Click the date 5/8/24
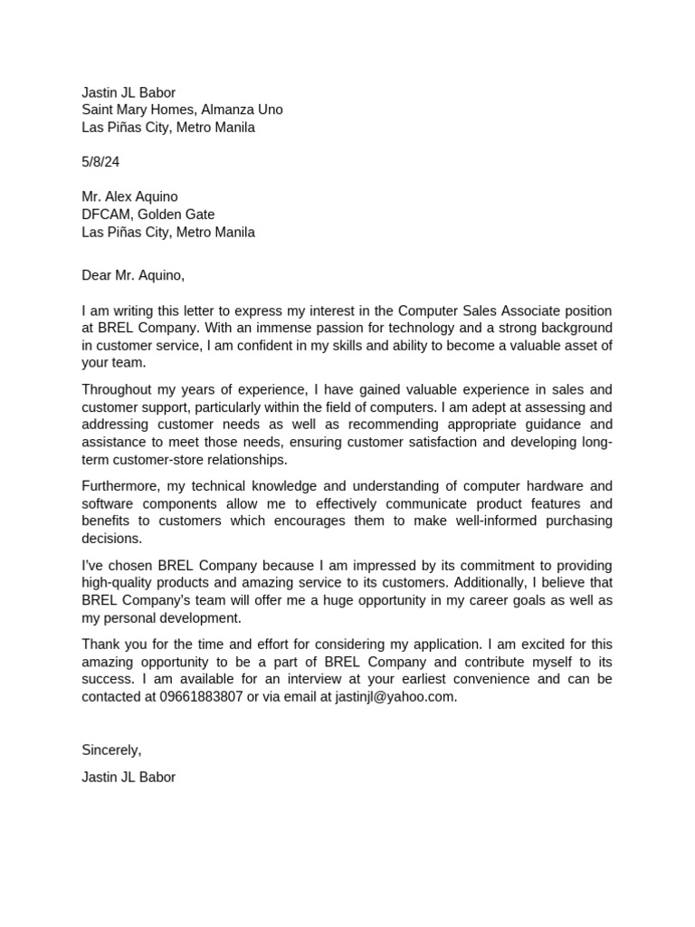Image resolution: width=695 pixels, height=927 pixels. pyautogui.click(x=100, y=162)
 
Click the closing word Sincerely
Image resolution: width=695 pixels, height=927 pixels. pyautogui.click(x=111, y=750)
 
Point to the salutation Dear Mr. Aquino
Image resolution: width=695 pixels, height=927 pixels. pyautogui.click(x=133, y=275)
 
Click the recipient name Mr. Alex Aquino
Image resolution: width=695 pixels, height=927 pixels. pyautogui.click(x=129, y=197)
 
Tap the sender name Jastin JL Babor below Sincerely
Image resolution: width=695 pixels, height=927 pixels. pyautogui.click(x=129, y=777)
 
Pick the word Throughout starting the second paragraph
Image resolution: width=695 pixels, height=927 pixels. pyautogui.click(x=116, y=389)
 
